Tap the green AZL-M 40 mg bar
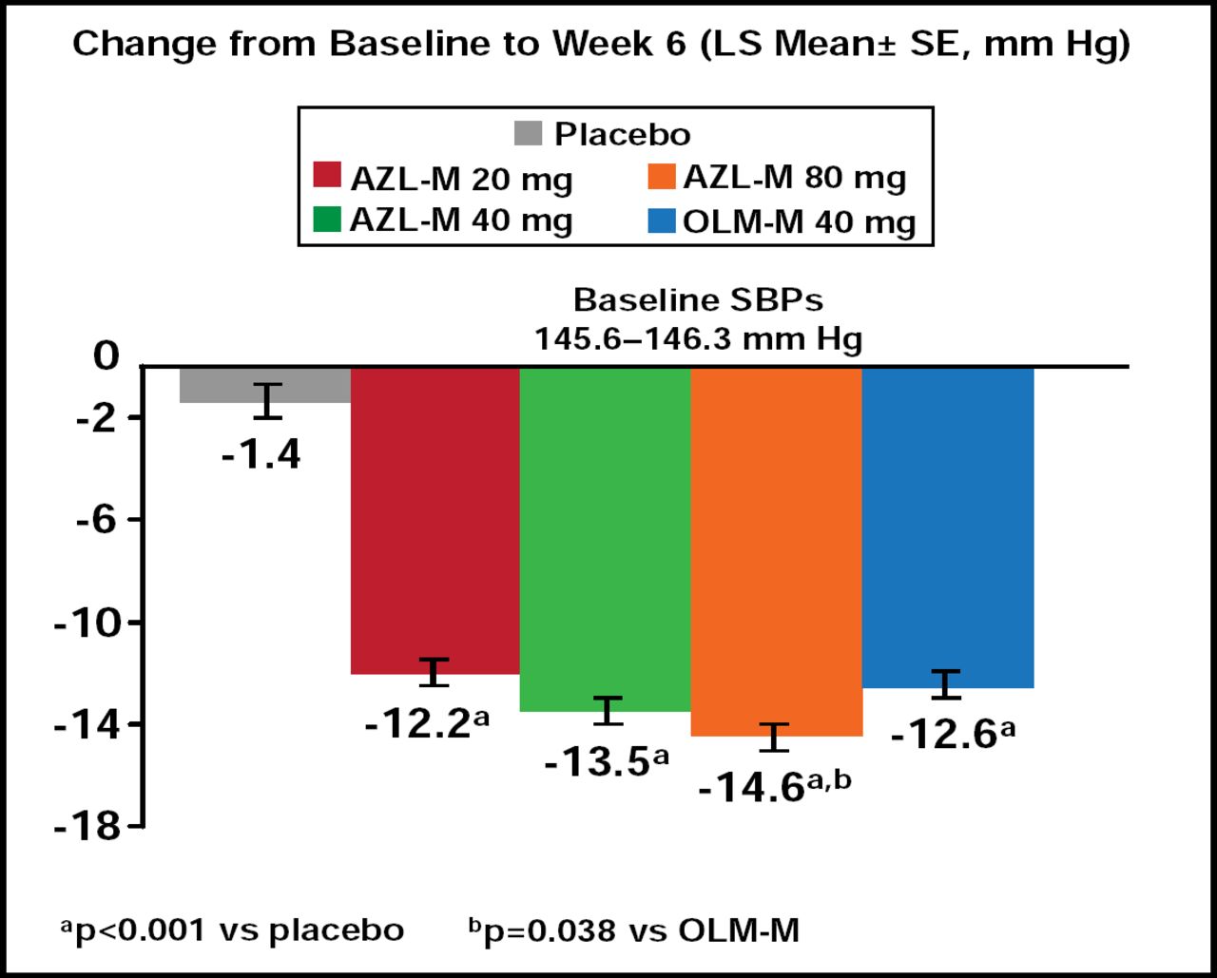pyautogui.click(x=605, y=538)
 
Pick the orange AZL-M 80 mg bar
pyautogui.click(x=776, y=550)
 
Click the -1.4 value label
pyautogui.click(x=261, y=456)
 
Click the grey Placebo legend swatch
pyautogui.click(x=528, y=133)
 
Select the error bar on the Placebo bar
pyautogui.click(x=268, y=400)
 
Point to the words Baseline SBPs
pyautogui.click(x=698, y=301)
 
